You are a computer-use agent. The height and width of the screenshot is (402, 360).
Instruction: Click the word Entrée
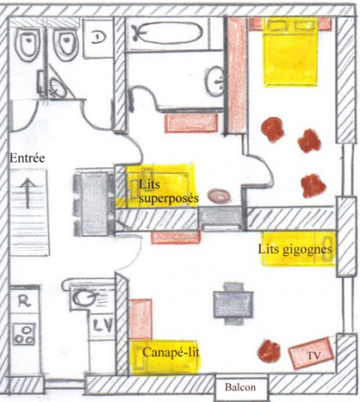coord(27,158)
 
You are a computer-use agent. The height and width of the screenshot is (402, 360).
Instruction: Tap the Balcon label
coord(240,387)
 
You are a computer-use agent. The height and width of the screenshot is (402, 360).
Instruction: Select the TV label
coord(314,355)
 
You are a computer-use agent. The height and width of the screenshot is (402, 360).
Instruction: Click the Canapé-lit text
coord(171,352)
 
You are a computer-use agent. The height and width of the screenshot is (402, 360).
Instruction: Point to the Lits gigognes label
coord(295,250)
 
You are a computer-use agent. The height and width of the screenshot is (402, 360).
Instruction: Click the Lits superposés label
coord(168,192)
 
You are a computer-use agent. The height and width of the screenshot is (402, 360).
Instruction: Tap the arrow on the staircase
coord(27,193)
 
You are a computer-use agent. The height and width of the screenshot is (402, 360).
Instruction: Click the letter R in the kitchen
coord(25,301)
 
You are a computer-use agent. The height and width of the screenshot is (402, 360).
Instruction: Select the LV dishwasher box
coord(103,326)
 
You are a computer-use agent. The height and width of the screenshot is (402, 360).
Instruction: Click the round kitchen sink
coord(84,297)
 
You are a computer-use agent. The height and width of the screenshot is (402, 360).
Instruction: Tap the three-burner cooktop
coord(24,333)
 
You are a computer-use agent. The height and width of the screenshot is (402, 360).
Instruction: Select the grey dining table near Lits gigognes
coord(233,304)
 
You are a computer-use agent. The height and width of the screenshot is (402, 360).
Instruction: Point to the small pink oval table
coord(219,196)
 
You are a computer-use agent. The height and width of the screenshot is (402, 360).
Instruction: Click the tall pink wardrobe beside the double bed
coord(238,75)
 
